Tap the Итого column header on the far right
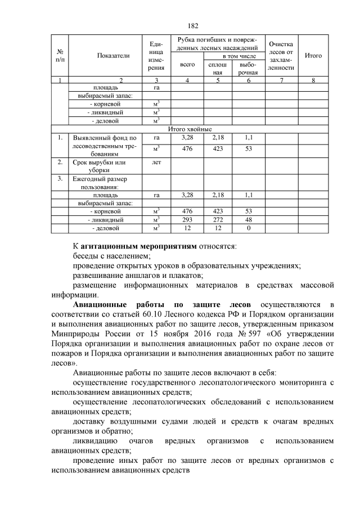(313, 56)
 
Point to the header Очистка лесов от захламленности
(281, 56)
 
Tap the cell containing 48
(248, 220)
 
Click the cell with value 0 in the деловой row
(248, 228)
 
